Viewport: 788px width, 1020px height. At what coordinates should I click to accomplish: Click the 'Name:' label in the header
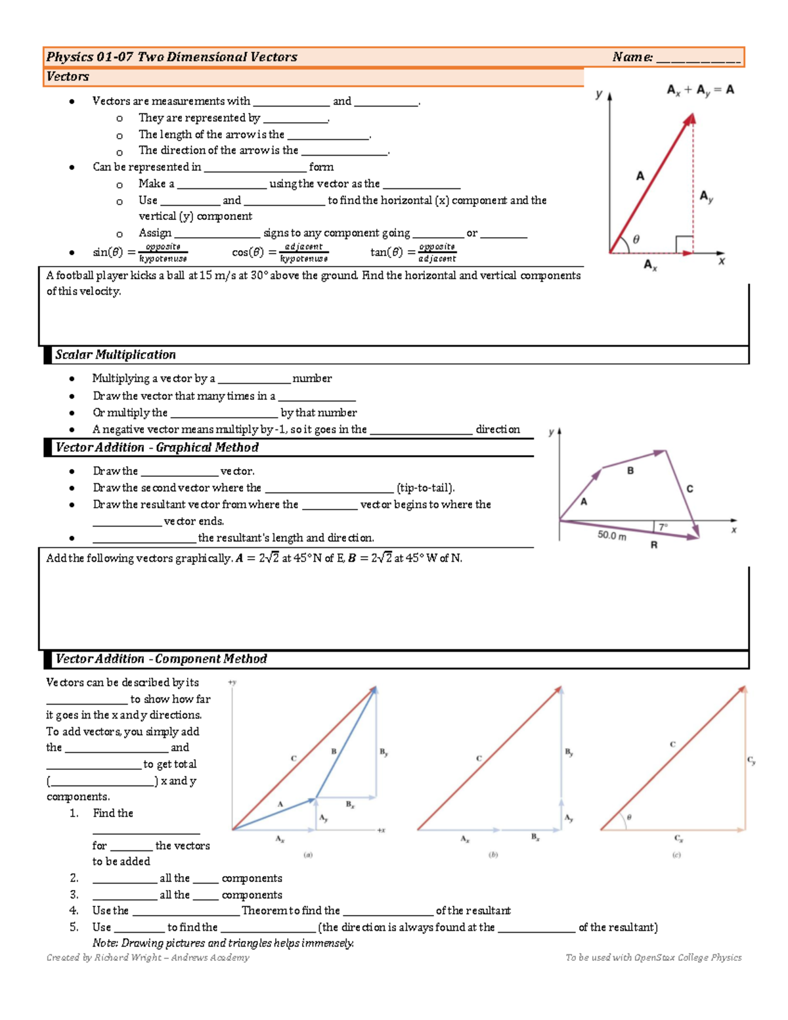click(632, 57)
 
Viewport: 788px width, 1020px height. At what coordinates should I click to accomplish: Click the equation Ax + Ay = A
click(700, 90)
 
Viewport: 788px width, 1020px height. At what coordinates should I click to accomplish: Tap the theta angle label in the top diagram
click(636, 240)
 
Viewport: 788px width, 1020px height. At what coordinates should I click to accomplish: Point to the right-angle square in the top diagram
click(684, 244)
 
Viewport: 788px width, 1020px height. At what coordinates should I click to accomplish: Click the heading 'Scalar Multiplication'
click(116, 355)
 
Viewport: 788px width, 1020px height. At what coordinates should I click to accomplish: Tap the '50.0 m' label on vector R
click(611, 535)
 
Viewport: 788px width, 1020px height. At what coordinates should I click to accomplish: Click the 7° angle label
click(663, 527)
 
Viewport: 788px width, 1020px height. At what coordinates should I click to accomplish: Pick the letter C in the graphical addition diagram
click(689, 489)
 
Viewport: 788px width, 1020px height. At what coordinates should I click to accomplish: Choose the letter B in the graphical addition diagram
click(630, 470)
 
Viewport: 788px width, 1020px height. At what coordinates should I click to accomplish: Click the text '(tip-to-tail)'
click(426, 488)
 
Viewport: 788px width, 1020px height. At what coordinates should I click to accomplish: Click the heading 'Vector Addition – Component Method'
click(161, 659)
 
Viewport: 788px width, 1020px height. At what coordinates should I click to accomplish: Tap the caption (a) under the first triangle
click(308, 854)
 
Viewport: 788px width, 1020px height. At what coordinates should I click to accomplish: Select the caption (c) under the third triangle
click(676, 854)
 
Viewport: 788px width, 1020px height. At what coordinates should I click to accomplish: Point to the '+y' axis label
click(232, 682)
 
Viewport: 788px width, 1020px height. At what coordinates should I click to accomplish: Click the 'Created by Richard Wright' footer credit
click(148, 958)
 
